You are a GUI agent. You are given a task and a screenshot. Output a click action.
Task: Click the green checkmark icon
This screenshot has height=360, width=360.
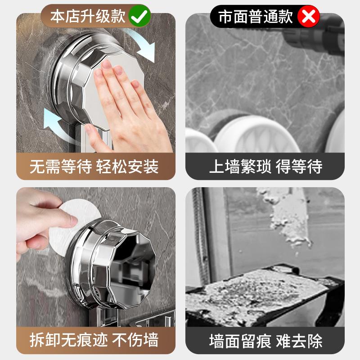pyautogui.click(x=139, y=17)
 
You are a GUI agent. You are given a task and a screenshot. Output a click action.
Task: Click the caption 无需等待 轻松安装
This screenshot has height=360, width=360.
pyautogui.click(x=94, y=167)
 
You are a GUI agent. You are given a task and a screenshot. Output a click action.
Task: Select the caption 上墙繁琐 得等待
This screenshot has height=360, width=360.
pyautogui.click(x=265, y=167)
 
